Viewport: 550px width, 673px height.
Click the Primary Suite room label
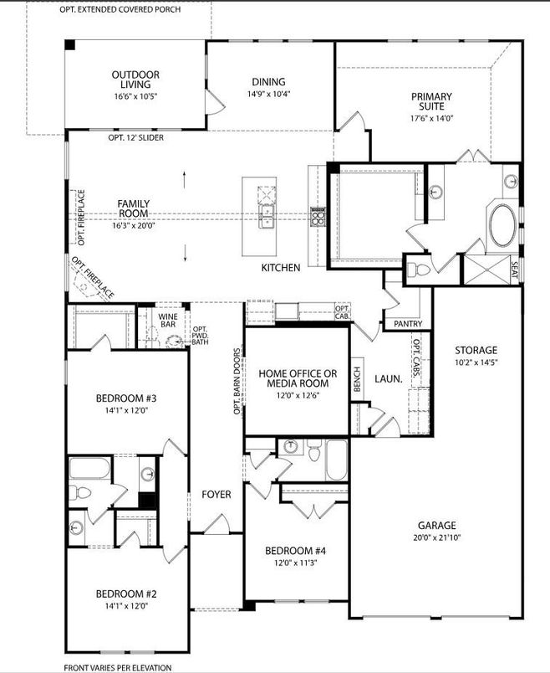point(431,101)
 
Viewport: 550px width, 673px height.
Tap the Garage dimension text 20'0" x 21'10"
point(437,537)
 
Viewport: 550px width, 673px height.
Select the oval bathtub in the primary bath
point(503,225)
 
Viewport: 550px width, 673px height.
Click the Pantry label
point(408,324)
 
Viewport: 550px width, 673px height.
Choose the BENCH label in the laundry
point(358,379)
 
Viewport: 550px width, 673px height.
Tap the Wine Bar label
point(168,321)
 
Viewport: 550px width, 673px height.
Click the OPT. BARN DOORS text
point(237,382)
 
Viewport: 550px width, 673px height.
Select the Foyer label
point(216,495)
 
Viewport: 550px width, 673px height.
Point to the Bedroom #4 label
point(295,551)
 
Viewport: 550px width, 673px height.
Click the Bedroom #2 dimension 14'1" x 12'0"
point(126,606)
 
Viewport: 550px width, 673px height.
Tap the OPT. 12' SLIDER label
point(135,138)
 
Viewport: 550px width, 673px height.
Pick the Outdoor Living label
point(135,80)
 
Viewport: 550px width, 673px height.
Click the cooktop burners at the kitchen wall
point(318,216)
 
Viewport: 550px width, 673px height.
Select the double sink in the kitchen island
point(267,216)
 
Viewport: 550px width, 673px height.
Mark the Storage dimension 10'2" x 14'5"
point(476,362)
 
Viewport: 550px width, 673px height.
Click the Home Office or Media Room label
point(298,378)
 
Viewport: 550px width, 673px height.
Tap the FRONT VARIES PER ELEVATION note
point(118,667)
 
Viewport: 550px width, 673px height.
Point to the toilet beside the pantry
point(419,270)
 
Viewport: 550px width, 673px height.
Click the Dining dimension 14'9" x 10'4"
point(269,94)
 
